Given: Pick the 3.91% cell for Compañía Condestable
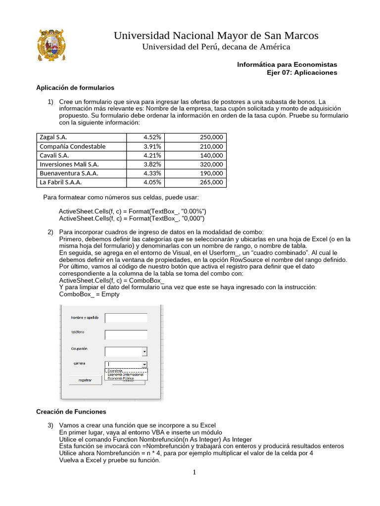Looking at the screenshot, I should (x=152, y=146).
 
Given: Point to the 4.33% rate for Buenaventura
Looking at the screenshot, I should (x=152, y=173).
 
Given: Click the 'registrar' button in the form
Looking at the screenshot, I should (x=85, y=380).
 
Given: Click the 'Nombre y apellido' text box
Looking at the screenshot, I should (x=126, y=318).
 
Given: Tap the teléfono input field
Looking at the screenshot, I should (x=126, y=335).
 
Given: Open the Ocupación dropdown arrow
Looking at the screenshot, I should (x=144, y=351).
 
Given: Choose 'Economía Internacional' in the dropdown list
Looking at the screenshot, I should (x=126, y=375).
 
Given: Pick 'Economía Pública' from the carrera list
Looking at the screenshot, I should (x=121, y=379).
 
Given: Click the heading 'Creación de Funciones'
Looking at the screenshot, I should (x=71, y=412).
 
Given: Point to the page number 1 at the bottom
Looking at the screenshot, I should (x=194, y=472).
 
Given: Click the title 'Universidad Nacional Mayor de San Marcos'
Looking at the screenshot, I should (x=216, y=36).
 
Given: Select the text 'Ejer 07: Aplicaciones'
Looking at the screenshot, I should (x=302, y=73).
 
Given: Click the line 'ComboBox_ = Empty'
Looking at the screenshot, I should (x=89, y=294).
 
